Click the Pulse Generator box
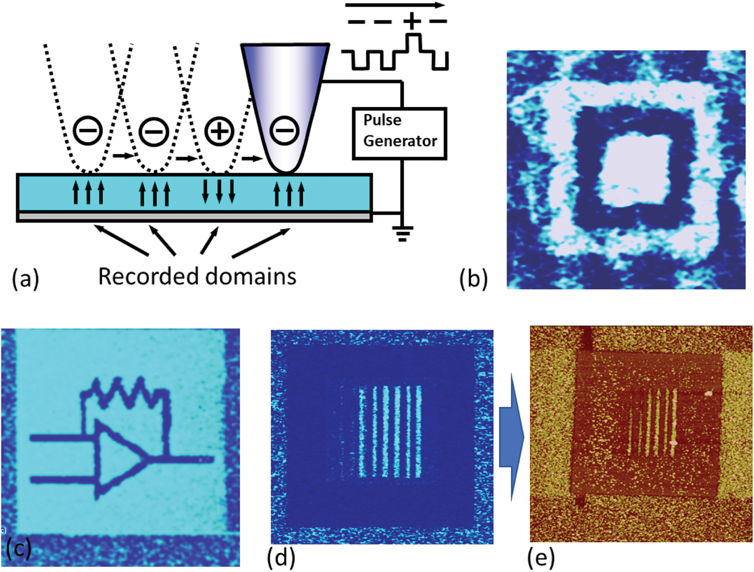click(x=400, y=134)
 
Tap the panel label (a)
click(x=25, y=279)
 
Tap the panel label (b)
click(x=473, y=279)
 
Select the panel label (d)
click(x=281, y=557)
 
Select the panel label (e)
click(x=540, y=557)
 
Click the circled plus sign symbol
click(x=219, y=131)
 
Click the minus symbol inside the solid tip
click(x=284, y=130)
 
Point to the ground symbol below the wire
click(x=402, y=233)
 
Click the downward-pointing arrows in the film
click(x=219, y=191)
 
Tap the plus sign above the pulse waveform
click(x=412, y=22)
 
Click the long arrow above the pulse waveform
click(x=395, y=5)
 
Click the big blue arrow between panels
click(x=511, y=437)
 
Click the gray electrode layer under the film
click(x=194, y=217)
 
